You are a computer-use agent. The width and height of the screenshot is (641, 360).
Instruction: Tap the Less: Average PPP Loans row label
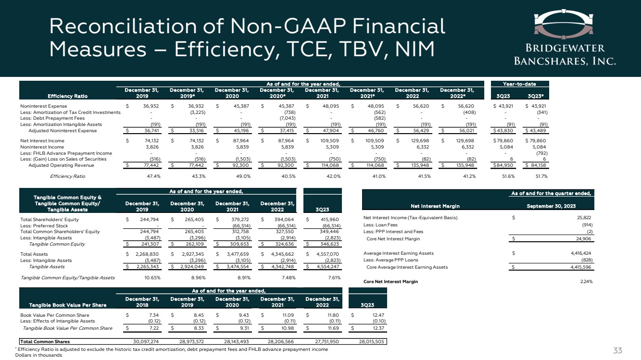[x=390, y=260]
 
